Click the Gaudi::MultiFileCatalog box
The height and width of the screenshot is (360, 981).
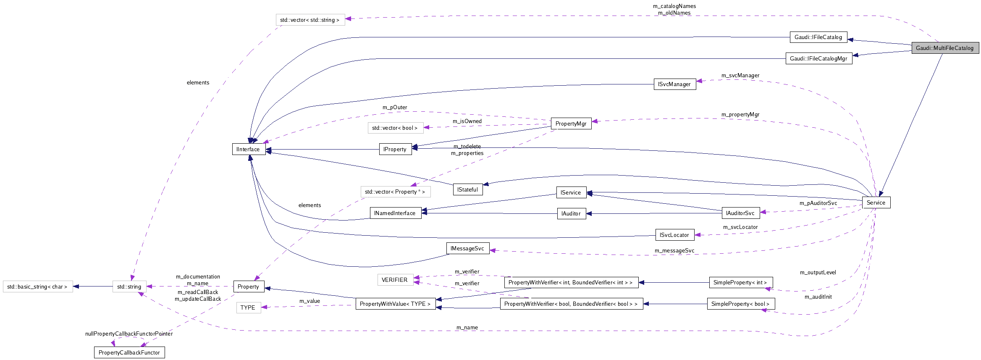(944, 48)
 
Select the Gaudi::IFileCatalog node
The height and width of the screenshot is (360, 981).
(818, 37)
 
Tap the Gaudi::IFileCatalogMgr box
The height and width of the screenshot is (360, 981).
(818, 58)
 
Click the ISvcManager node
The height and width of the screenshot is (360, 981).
(674, 84)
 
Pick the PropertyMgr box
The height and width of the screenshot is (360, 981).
(571, 124)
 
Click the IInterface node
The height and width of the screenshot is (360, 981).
(248, 149)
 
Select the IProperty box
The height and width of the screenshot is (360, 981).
(395, 149)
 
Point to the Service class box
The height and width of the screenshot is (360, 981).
(876, 202)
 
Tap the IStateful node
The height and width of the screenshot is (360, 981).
(467, 189)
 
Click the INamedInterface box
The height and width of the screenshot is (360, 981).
(395, 213)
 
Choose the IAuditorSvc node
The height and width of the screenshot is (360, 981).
(740, 213)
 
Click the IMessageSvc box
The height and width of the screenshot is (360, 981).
(467, 248)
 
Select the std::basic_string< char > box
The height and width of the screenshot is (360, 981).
(37, 286)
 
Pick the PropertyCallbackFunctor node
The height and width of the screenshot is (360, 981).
(129, 352)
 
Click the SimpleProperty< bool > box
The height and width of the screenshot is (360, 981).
(740, 304)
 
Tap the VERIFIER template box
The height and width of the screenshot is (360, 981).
(394, 280)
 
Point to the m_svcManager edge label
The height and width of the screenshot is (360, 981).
(740, 76)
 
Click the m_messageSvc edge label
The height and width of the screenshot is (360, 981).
(674, 251)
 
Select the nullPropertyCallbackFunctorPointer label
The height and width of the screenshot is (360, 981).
(129, 334)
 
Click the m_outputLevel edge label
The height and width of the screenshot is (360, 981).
(818, 273)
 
